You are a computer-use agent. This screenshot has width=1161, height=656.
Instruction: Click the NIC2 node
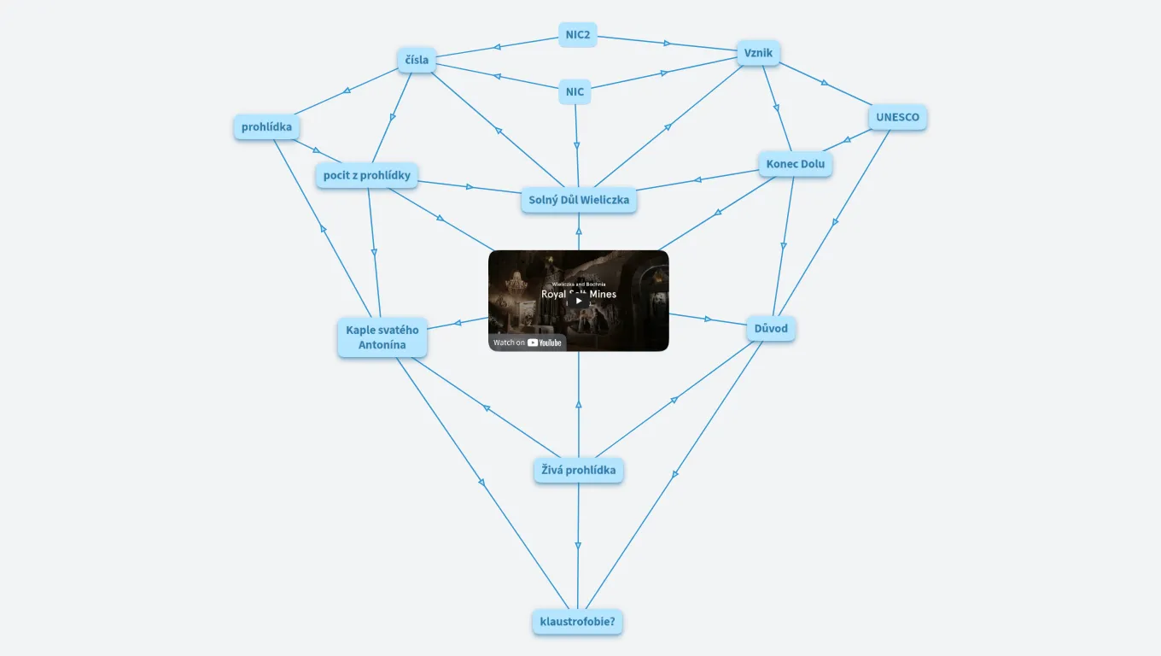pos(578,34)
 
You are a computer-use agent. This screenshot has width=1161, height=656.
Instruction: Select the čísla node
pos(417,60)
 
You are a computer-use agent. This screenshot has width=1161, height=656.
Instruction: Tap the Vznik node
pos(758,53)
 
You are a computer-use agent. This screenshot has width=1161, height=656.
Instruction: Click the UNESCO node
pos(897,117)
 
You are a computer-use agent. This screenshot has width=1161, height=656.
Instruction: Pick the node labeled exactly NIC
pos(575,91)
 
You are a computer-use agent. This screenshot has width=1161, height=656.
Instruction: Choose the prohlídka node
pos(266,127)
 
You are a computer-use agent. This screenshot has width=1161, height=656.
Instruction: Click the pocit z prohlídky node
pos(366,175)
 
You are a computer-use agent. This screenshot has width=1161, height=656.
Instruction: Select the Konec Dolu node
pos(795,164)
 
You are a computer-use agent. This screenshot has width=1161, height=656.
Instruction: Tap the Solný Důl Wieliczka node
pos(579,200)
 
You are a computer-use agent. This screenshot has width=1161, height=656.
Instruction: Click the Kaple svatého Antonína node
pos(382,337)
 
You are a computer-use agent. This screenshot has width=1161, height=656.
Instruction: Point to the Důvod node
pos(771,329)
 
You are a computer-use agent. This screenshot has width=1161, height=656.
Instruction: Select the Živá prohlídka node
pos(578,470)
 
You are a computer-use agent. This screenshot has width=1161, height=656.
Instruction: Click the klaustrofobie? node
pos(577,621)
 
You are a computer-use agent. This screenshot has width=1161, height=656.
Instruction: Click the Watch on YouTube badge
pos(528,343)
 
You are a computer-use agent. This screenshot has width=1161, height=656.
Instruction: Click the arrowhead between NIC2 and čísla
pos(498,46)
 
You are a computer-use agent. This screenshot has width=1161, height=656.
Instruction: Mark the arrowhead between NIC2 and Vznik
pos(668,44)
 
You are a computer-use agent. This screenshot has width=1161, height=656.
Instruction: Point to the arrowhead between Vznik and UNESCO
pos(824,83)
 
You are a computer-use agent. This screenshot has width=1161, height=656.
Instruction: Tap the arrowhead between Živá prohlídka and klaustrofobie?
pos(578,546)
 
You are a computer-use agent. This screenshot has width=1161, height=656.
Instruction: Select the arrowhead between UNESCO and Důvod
pos(835,222)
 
